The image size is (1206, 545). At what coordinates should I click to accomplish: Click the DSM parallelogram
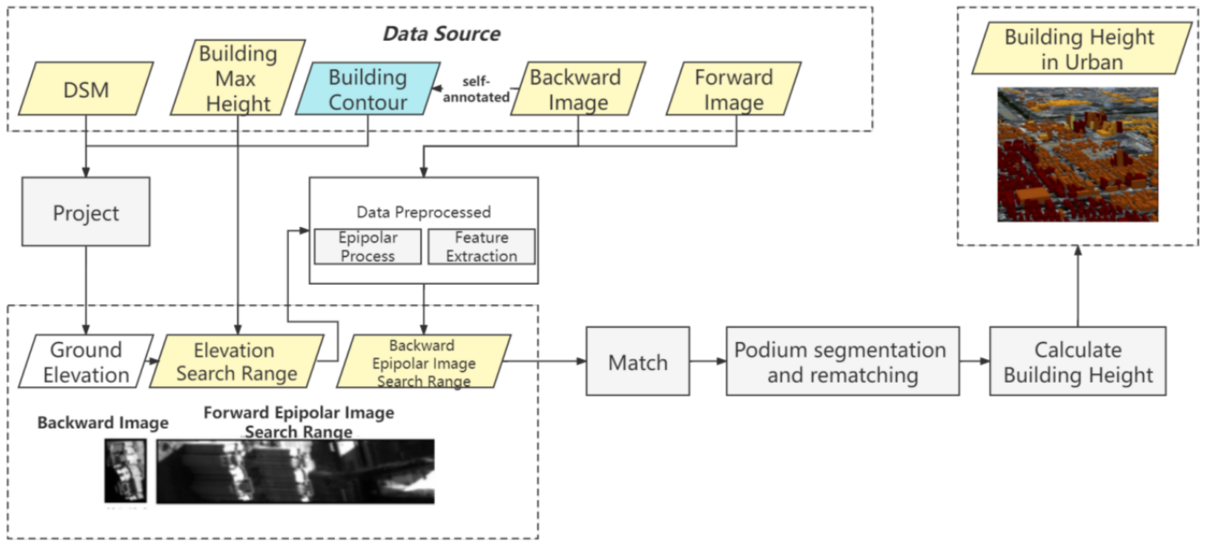(x=86, y=89)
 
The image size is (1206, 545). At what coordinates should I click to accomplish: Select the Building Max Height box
(x=238, y=78)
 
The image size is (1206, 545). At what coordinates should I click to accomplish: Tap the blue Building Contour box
(x=368, y=89)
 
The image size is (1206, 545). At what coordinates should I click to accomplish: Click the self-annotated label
(x=476, y=89)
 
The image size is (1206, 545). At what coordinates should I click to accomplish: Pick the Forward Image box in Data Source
(x=733, y=89)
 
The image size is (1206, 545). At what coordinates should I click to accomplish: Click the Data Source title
(x=442, y=34)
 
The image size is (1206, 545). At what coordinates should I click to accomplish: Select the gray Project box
(x=86, y=212)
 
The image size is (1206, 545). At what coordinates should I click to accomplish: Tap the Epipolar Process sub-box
(x=368, y=247)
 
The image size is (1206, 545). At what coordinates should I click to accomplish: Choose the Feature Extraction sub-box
(x=481, y=247)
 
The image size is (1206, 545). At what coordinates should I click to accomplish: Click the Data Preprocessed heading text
(x=423, y=212)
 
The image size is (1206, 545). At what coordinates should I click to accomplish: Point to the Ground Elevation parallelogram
(x=86, y=361)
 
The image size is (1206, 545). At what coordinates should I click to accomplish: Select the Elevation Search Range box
(x=237, y=361)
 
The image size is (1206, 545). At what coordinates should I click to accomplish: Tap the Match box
(x=637, y=361)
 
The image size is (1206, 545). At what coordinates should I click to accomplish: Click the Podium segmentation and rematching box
(x=842, y=361)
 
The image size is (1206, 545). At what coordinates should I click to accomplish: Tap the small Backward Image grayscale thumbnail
(x=125, y=471)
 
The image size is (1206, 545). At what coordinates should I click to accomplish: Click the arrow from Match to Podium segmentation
(x=707, y=361)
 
